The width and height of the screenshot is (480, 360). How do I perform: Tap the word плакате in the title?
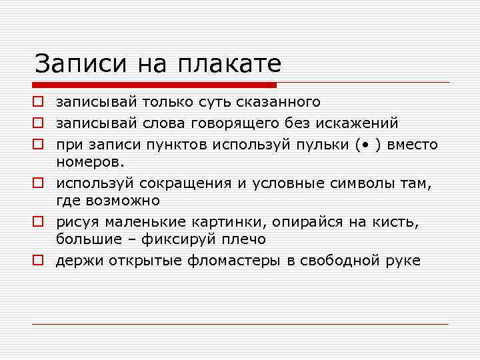pyautogui.click(x=229, y=64)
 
